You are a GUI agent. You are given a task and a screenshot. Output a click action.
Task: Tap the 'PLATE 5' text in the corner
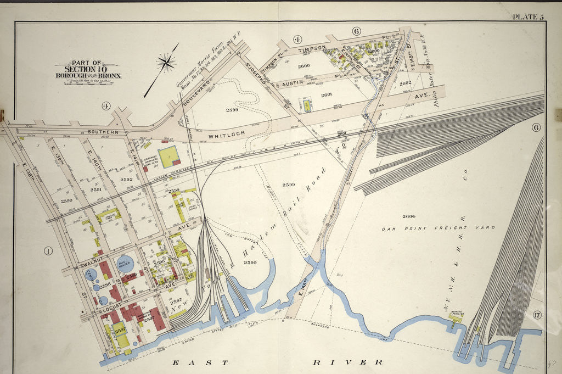tap(527, 16)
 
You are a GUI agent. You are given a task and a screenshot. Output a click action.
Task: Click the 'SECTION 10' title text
tap(88, 69)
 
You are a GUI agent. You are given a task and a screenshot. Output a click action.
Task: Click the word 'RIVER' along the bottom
tap(348, 362)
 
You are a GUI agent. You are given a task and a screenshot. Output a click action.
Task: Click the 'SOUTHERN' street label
tap(103, 132)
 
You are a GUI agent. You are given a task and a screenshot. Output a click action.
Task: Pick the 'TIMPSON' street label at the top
tap(312, 48)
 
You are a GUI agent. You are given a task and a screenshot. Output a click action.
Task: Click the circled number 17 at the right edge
tap(537, 315)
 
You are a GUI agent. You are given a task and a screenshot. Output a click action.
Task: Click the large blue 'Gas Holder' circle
tap(125, 264)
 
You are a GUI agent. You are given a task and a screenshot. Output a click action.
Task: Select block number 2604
tap(408, 216)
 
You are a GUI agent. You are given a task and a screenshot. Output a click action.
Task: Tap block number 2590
tap(66, 201)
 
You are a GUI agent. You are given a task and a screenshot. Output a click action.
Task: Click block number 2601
tap(327, 94)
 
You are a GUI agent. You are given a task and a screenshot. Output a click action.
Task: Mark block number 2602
tap(405, 83)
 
